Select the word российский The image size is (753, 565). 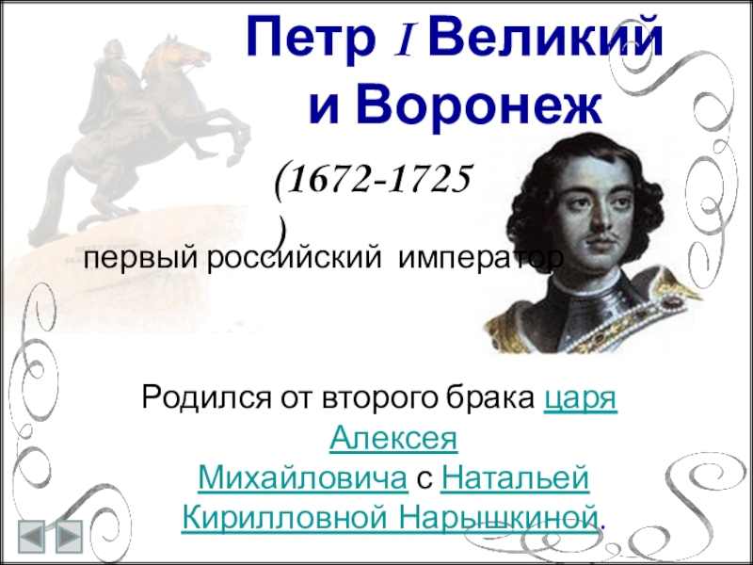coord(295,260)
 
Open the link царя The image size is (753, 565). coord(581,398)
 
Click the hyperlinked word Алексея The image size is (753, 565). coord(393,438)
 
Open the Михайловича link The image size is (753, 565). coord(302,478)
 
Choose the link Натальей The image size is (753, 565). coord(514,478)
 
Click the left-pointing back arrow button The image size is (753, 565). coord(32,536)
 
